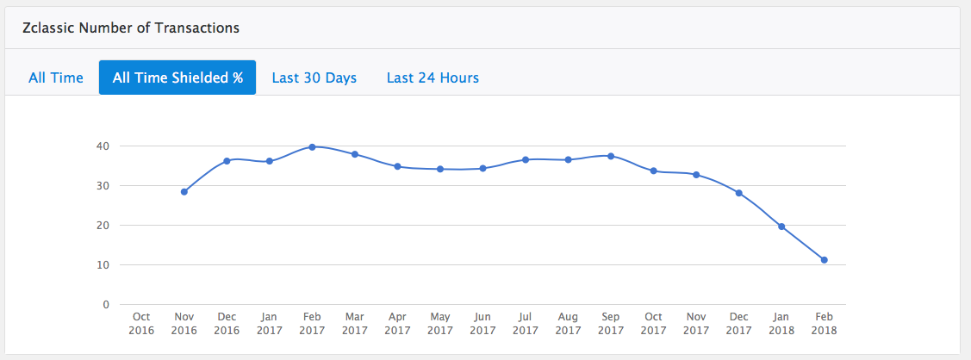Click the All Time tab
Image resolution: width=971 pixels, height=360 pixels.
coord(56,78)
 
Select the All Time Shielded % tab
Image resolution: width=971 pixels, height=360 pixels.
coord(177,78)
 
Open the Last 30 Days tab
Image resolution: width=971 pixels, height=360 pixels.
coord(314,78)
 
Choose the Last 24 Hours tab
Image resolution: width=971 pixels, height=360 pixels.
coord(433,78)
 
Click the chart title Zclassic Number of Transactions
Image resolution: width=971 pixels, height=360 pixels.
coord(130,28)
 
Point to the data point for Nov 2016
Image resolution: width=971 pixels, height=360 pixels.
coord(184,192)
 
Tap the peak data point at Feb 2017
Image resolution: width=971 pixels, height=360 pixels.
coord(312,147)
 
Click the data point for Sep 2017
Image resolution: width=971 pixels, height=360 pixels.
coord(611,156)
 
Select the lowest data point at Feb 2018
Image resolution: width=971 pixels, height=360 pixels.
coord(825,260)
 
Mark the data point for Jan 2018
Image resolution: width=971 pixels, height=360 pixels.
coord(781,227)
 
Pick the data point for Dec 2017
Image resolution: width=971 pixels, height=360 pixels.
coord(739,193)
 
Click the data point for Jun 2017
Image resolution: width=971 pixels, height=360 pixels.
coord(482,169)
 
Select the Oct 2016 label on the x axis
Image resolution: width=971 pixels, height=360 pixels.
coord(141,323)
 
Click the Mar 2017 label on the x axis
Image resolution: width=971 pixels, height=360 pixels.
coord(355,323)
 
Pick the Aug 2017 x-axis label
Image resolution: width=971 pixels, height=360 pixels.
coord(569,323)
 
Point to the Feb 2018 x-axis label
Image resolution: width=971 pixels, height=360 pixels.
coord(825,323)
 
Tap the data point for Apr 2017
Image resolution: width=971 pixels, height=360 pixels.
coord(397,166)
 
